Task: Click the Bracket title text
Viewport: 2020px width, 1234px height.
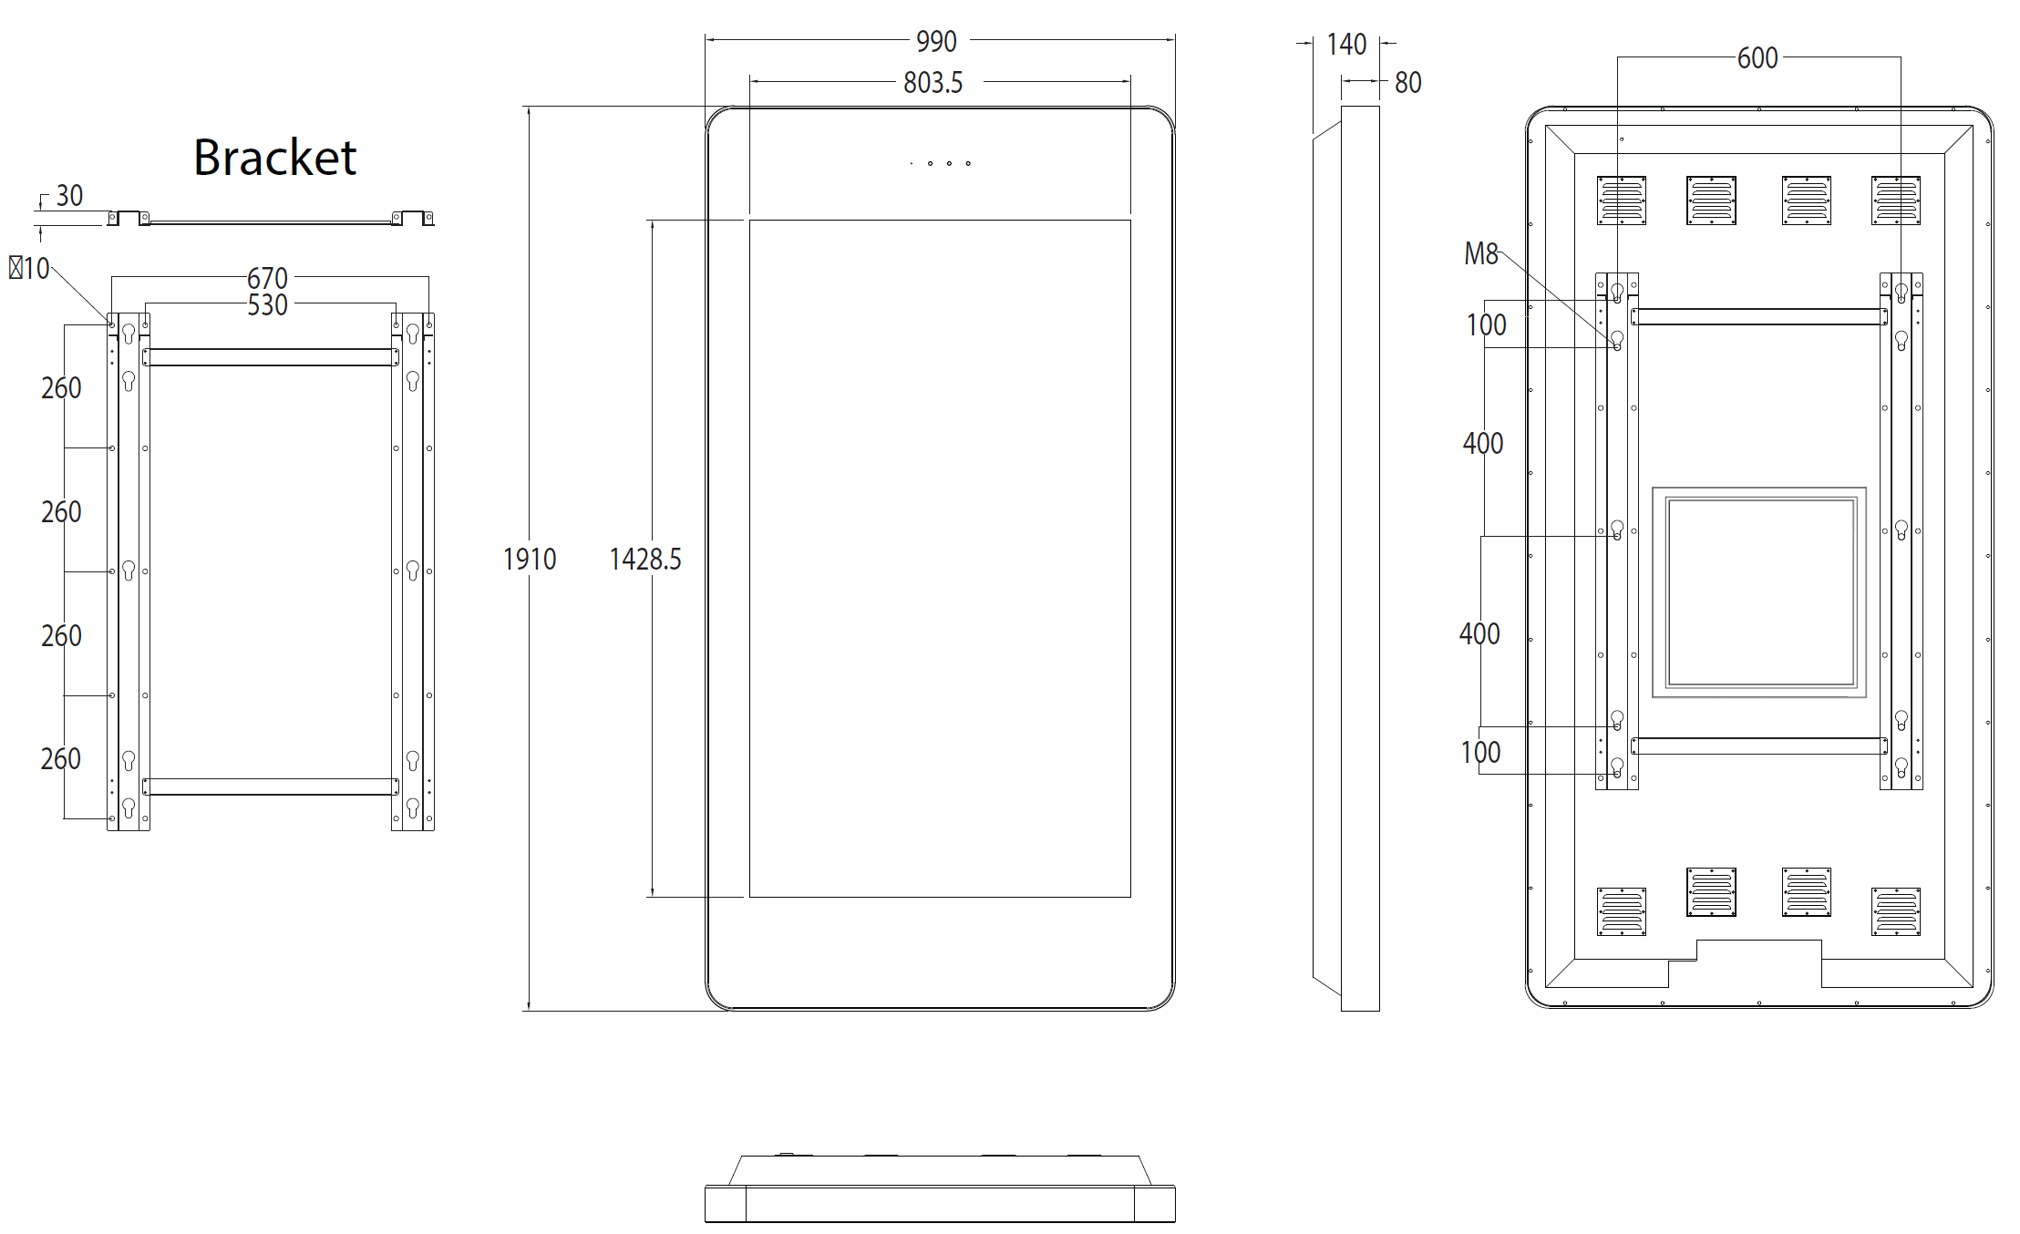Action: tap(274, 158)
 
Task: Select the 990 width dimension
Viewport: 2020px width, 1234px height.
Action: tap(936, 42)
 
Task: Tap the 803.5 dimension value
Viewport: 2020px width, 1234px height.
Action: tap(933, 83)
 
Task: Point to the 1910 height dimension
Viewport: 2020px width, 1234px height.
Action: tap(530, 559)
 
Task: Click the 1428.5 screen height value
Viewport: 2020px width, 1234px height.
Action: tap(645, 559)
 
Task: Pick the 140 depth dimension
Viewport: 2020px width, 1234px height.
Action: tap(1346, 45)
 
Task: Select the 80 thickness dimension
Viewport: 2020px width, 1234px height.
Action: tap(1407, 83)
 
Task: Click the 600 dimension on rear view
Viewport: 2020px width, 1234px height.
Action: tap(1757, 58)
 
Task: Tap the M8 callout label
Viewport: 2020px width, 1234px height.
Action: tap(1481, 254)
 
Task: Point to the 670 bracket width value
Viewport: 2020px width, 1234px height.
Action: tap(267, 278)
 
